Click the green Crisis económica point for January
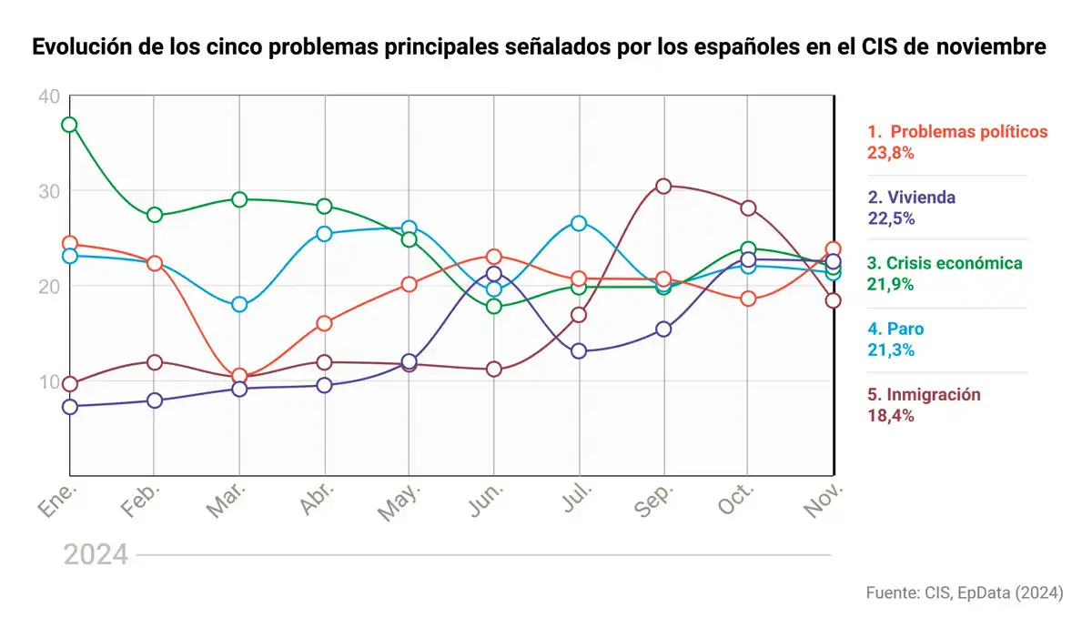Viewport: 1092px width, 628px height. coord(69,125)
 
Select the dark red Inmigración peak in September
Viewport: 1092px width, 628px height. coord(663,186)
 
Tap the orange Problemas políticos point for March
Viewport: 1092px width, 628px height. coord(239,376)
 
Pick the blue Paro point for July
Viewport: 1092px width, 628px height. coord(578,223)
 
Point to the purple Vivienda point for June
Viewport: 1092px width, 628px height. coord(493,273)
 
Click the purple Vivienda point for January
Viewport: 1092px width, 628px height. coord(69,407)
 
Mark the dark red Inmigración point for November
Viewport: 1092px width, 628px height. coord(833,300)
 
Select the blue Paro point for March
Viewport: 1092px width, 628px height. coord(239,305)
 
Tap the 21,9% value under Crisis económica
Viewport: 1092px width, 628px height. coord(890,284)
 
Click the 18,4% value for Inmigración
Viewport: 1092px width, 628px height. coord(890,416)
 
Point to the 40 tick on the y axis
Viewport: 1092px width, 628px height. coord(49,96)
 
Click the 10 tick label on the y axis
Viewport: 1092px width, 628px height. coord(49,380)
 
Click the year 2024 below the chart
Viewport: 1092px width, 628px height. coord(96,554)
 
